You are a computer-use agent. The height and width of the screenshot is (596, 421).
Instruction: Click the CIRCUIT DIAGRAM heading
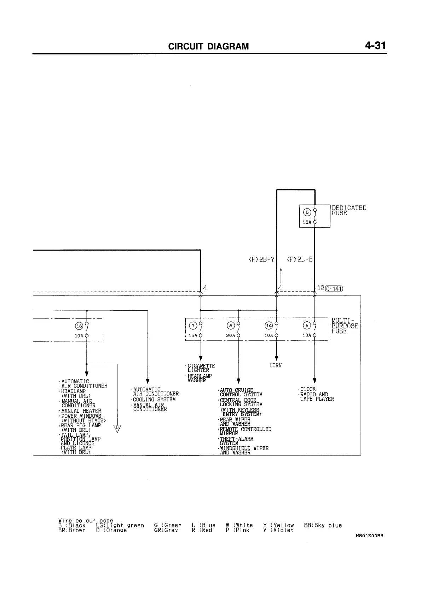208,46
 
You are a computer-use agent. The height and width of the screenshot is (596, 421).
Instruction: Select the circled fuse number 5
307,212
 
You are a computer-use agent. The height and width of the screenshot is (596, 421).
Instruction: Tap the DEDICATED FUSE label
348,210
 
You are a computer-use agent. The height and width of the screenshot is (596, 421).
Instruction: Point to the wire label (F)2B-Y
261,259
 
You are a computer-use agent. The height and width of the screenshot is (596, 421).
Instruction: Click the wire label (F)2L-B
300,259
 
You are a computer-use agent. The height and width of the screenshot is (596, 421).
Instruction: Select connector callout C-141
334,288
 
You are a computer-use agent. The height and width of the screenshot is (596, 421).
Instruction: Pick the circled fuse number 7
193,326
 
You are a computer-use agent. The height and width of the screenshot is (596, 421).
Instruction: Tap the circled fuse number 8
231,326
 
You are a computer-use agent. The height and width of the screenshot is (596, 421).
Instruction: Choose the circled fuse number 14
269,326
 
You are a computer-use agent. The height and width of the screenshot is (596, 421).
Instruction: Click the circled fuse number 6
307,326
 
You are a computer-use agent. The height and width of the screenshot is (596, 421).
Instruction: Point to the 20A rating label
231,336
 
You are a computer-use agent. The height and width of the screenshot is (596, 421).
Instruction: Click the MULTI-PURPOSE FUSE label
345,326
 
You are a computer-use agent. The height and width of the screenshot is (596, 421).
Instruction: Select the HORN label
276,366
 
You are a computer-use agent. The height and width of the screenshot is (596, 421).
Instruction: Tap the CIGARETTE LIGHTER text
201,368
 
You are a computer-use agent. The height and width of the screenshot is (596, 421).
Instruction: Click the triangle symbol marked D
117,428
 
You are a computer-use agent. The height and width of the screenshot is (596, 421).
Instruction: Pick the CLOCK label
308,389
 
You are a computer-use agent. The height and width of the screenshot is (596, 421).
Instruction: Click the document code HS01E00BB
369,535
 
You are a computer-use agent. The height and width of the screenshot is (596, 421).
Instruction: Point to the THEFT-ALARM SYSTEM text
236,441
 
